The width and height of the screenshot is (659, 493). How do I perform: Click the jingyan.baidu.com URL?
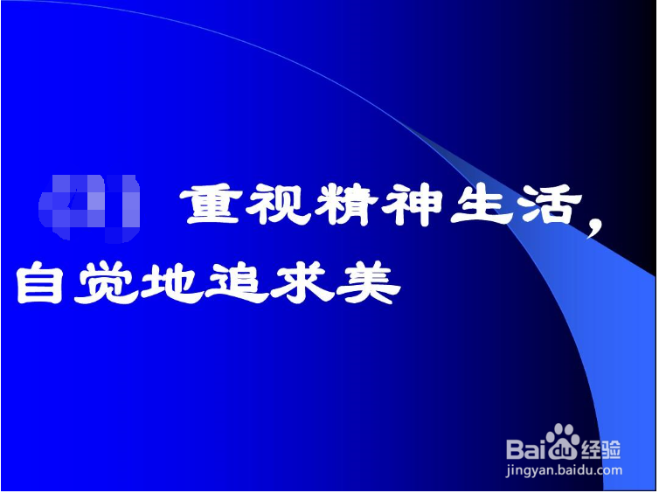pos(563,471)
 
